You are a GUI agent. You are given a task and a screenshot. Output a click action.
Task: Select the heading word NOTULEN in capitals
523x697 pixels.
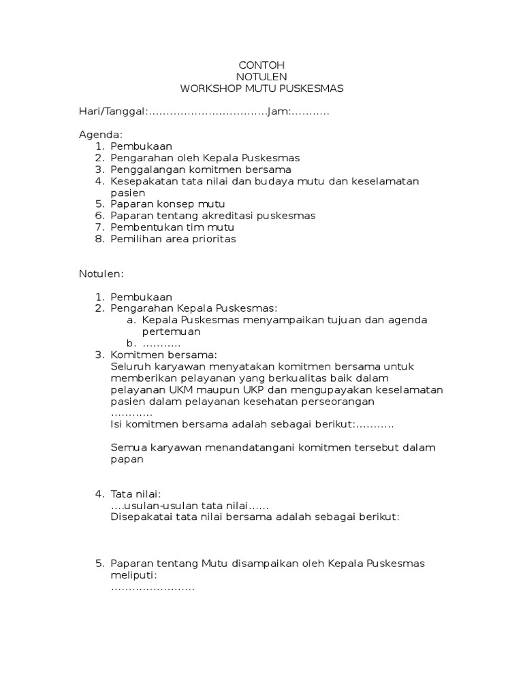coord(262,76)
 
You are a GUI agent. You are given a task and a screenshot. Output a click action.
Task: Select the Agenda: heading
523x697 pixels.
coord(101,134)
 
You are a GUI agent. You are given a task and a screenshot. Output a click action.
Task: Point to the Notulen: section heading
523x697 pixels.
coord(101,273)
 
